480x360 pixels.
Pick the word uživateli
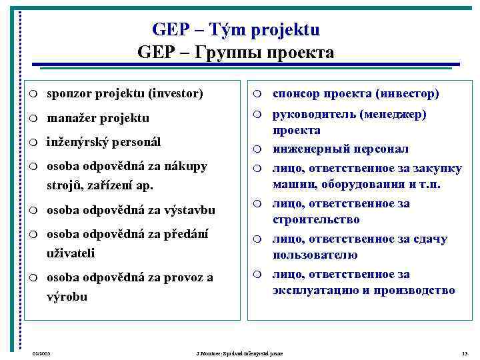[x=71, y=253]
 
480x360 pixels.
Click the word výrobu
[x=67, y=297]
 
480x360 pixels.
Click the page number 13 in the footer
[x=464, y=352]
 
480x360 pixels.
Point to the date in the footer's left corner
[x=41, y=352]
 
